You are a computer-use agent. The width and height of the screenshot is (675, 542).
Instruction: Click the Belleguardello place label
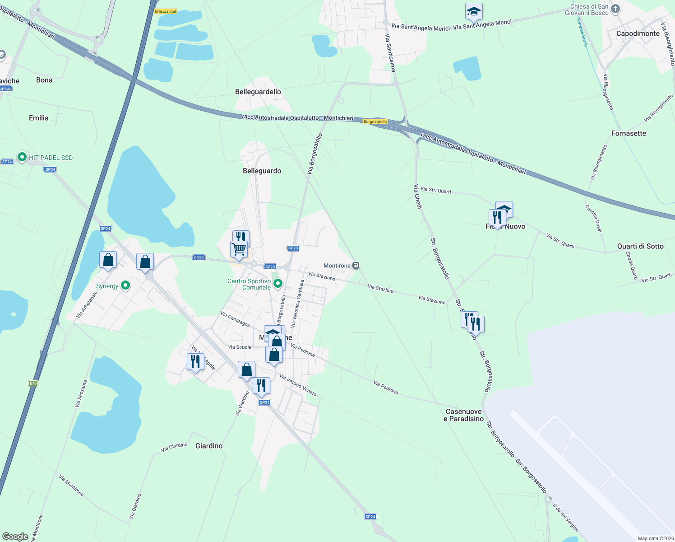coord(258,92)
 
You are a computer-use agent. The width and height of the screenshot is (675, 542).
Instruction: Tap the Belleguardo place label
coord(262,171)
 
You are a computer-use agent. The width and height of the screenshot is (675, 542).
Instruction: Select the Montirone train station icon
coord(356,266)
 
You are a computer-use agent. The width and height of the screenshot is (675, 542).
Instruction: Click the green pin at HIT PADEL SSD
coord(22,157)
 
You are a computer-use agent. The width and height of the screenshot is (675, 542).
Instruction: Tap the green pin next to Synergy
coord(126,285)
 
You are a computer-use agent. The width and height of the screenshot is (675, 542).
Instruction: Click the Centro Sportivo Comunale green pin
coord(278,284)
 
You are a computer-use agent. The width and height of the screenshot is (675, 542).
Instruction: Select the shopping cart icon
coord(239,248)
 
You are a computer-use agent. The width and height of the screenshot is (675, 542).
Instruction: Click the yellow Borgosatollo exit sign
coord(375,121)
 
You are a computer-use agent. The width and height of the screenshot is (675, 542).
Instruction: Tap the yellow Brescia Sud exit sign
coord(165,11)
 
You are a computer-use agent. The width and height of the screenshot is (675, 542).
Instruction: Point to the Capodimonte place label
coord(638,33)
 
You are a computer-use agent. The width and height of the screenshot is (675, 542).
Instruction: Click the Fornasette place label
coord(629,133)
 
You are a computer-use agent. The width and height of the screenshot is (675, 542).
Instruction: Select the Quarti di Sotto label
coord(640,246)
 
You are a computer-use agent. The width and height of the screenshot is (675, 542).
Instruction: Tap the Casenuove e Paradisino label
coord(464,415)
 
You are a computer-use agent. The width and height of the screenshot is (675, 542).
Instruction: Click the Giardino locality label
coord(209,446)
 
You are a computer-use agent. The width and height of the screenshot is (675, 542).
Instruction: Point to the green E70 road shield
coord(33,383)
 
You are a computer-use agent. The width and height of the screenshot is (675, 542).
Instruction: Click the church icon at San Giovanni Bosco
coord(616,9)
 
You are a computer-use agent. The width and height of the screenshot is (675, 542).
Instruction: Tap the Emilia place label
coord(38,118)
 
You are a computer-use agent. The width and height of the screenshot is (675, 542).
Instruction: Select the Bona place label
coord(44,80)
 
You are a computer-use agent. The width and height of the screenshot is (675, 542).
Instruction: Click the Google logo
coord(15,537)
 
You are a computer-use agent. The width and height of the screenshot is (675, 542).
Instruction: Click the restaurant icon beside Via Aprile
coord(195,361)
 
